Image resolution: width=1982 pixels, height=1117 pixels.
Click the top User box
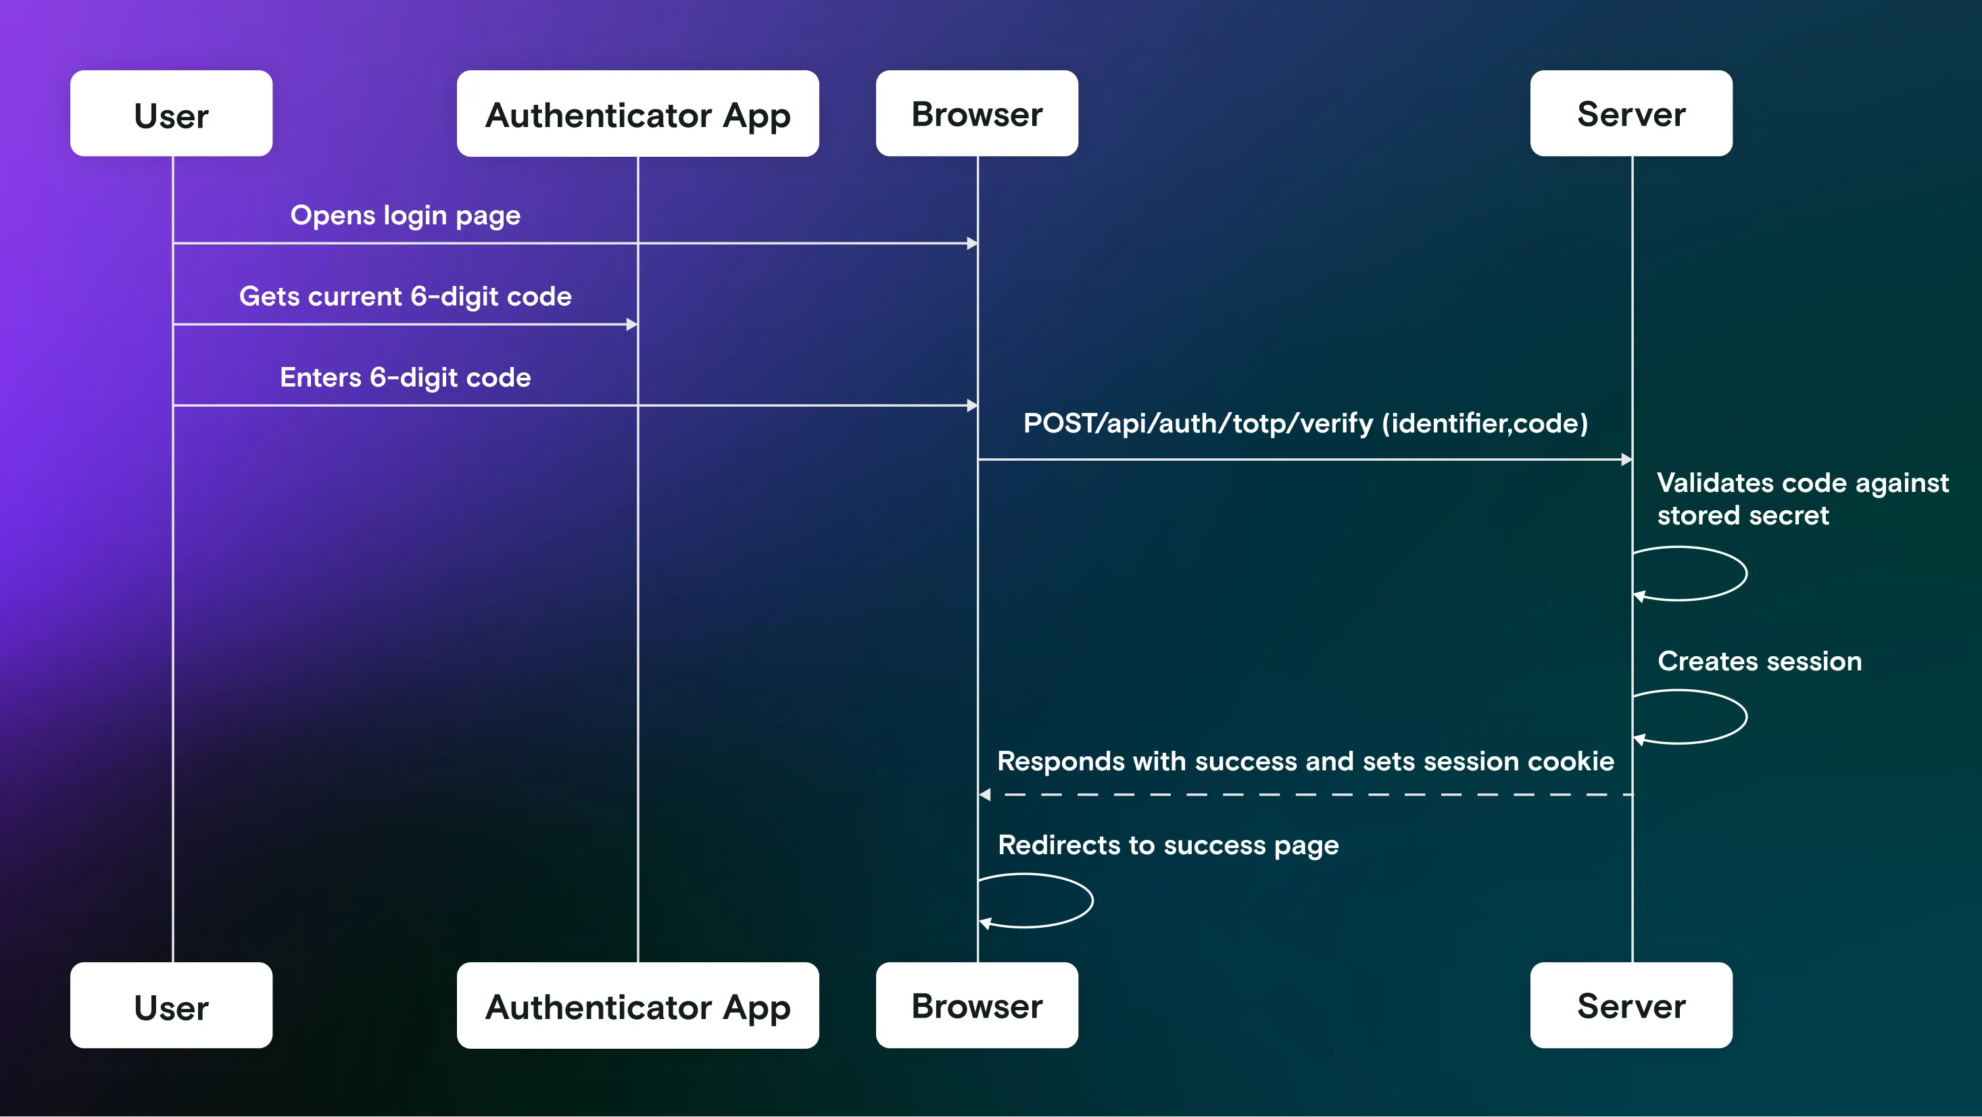(x=171, y=114)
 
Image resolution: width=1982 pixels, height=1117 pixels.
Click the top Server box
(x=1630, y=114)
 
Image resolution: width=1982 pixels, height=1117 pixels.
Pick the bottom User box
(x=171, y=1005)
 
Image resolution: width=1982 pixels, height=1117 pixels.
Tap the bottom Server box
(x=1630, y=1005)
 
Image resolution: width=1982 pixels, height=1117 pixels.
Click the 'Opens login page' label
(x=405, y=216)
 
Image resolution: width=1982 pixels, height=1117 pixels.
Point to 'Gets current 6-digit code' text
(x=405, y=296)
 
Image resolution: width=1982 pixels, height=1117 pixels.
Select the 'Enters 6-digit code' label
(x=405, y=377)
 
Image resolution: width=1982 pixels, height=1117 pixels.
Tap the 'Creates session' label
(x=1759, y=661)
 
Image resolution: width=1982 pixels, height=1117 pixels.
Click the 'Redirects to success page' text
(x=1167, y=845)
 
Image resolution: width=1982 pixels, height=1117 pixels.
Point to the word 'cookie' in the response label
(x=1570, y=761)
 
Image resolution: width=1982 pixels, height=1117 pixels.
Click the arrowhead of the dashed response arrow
(x=985, y=795)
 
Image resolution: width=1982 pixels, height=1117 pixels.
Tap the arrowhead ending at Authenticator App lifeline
(x=631, y=324)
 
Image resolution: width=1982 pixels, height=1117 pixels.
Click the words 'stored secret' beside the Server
(x=1742, y=516)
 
